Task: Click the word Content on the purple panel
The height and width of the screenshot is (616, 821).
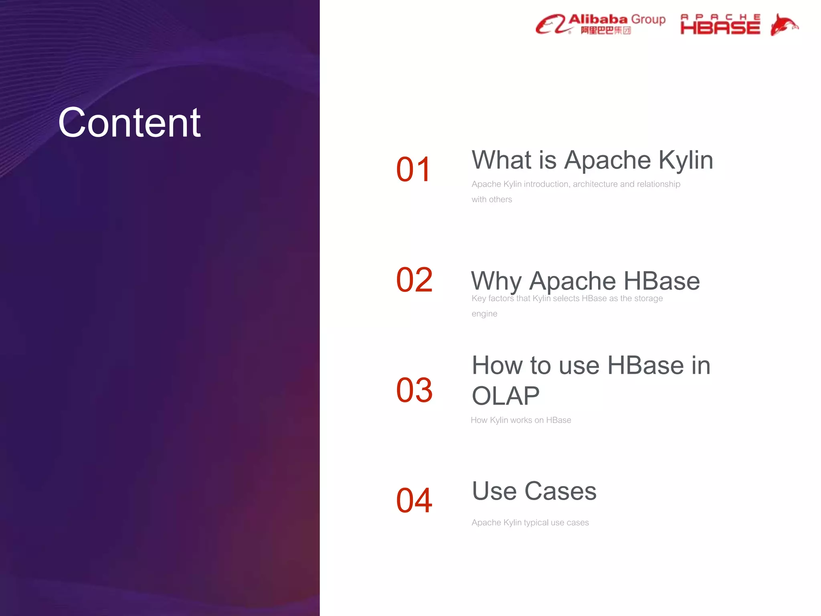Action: coord(129,123)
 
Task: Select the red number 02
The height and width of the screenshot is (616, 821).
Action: coord(414,280)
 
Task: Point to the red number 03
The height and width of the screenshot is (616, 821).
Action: coord(414,390)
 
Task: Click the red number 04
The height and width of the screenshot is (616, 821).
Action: coord(414,500)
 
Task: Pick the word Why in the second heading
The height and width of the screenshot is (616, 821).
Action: coord(496,281)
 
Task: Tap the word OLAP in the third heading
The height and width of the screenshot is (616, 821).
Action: coord(506,396)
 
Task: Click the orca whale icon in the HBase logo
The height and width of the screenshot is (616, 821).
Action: coord(783,25)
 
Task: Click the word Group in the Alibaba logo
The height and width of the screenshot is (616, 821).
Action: coord(648,19)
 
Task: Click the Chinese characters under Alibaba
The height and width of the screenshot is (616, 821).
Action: coord(606,30)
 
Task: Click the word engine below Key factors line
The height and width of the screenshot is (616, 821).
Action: coord(484,314)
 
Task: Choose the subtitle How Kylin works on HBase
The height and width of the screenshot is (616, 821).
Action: coord(521,420)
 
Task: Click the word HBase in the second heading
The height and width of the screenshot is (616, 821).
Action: coord(661,281)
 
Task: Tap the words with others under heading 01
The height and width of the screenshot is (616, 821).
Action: coord(491,199)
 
